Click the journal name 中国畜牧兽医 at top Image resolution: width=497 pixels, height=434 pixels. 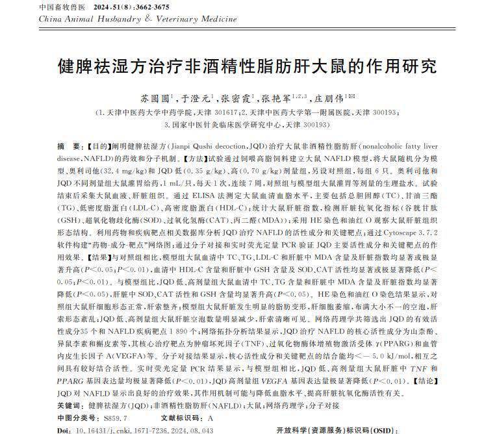point(62,7)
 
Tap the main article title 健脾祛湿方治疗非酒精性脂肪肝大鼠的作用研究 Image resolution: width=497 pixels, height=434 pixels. point(248,66)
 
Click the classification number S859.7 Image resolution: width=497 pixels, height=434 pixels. point(116,417)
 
